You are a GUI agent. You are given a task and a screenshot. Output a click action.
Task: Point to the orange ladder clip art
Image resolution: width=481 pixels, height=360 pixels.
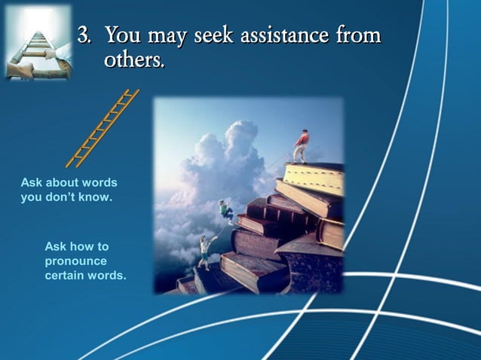point(103,127)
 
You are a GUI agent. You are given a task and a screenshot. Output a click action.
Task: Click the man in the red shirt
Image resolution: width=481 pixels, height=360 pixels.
point(301,145)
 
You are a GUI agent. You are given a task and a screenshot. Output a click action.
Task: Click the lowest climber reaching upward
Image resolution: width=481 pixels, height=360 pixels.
point(204,251)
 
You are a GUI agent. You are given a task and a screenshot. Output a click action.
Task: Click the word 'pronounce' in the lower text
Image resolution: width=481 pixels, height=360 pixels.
point(75,261)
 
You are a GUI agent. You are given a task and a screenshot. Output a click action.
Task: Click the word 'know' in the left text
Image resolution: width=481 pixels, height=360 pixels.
point(96,197)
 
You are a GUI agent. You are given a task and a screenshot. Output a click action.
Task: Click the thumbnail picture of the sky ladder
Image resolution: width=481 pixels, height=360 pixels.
point(37,43)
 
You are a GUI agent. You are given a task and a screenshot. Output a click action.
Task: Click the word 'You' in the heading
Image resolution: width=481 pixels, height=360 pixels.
point(121,35)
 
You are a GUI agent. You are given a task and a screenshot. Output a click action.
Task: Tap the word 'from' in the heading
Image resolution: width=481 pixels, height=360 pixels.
point(359,35)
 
